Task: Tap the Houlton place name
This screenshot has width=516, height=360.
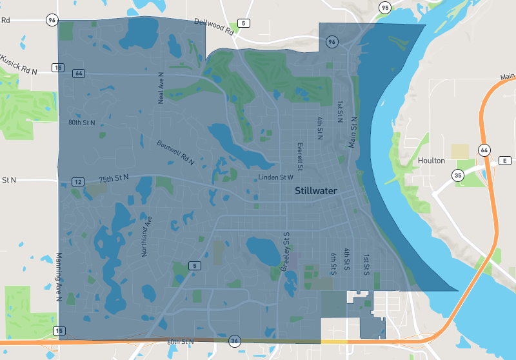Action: coord(430,161)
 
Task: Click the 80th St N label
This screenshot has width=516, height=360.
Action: coord(82,122)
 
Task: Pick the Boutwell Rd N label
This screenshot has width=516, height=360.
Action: coord(175,152)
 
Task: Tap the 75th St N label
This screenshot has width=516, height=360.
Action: coord(114,178)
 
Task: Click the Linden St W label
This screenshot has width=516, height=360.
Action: coord(276,177)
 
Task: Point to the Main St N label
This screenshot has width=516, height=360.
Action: coord(353,132)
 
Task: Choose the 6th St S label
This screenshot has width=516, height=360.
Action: coord(333,264)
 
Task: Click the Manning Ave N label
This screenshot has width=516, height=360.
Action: coord(58,277)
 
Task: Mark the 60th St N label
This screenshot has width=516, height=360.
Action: coord(180,341)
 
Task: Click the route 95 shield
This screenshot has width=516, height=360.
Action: coord(385,8)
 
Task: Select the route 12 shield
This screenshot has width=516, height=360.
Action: coord(77,183)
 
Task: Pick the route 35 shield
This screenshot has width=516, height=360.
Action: coord(458,175)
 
